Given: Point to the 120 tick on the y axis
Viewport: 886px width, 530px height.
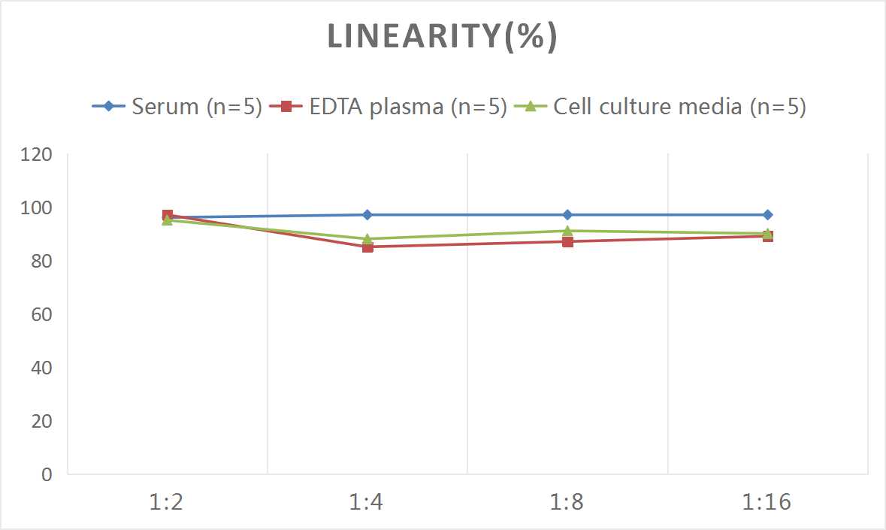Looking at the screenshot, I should [x=36, y=155].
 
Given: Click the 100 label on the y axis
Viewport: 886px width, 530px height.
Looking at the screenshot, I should [x=36, y=208].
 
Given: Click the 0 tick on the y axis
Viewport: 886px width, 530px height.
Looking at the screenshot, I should [x=47, y=474].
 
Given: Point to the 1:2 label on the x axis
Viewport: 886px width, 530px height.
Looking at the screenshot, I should [x=167, y=501].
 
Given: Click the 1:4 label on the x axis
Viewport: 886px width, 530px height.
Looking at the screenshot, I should [x=367, y=501].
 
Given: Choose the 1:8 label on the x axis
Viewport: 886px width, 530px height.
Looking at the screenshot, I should [x=567, y=501].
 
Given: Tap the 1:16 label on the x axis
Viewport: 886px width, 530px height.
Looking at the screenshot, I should [x=767, y=501].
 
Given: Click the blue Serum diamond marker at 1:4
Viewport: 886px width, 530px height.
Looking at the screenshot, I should [x=367, y=215].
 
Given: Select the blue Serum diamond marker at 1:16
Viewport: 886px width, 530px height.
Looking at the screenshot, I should [x=767, y=215].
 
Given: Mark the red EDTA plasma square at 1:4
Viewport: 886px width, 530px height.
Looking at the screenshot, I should [x=367, y=247].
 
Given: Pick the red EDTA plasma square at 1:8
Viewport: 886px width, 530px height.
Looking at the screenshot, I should [x=567, y=241].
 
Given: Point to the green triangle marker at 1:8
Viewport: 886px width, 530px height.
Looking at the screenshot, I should [x=567, y=231].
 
